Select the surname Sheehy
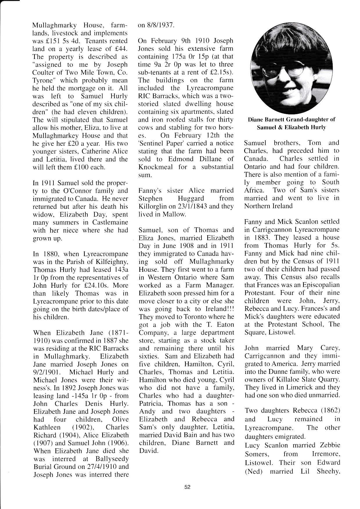pos(328,471)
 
